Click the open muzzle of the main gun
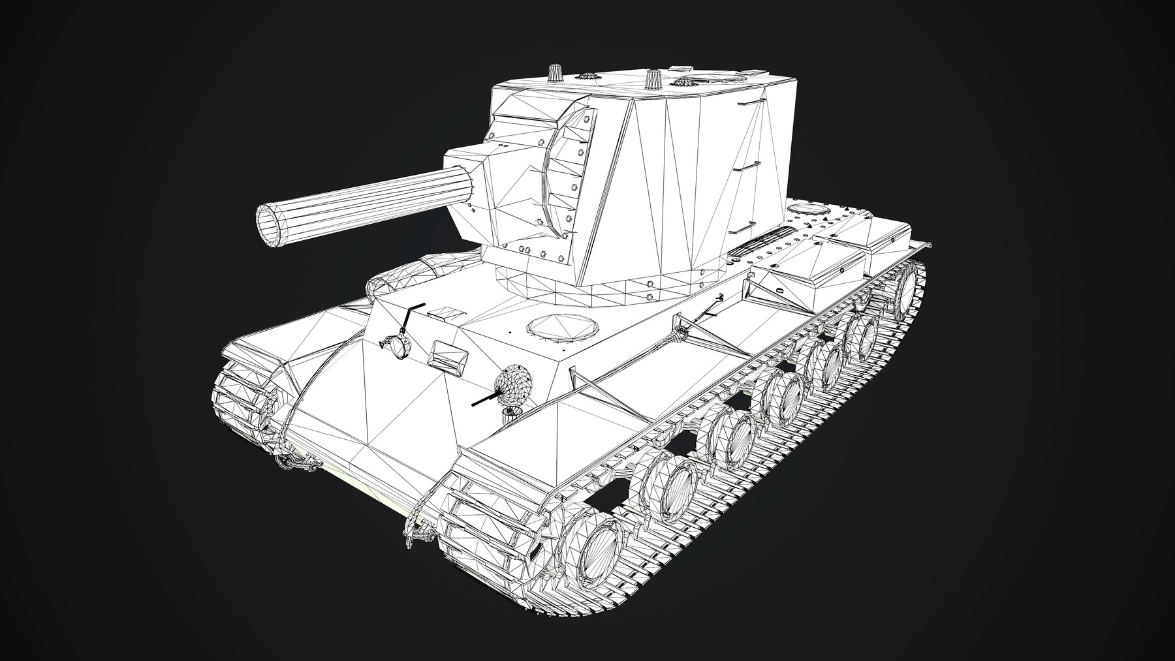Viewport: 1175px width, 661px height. click(x=272, y=225)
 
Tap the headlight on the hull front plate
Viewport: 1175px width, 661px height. click(x=395, y=346)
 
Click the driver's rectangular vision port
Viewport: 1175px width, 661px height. click(x=448, y=354)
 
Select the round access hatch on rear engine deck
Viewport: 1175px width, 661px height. click(x=807, y=209)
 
